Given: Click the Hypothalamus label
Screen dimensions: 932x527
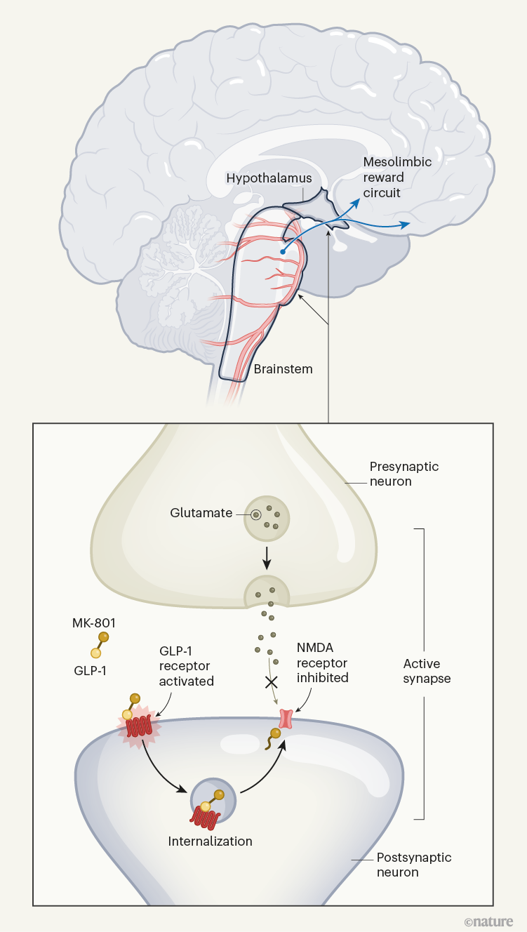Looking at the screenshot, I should click(x=269, y=178).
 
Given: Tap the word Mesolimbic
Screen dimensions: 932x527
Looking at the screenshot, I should click(x=396, y=162).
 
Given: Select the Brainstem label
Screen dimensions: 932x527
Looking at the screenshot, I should click(x=283, y=368).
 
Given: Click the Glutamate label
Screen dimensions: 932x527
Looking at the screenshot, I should click(x=201, y=513).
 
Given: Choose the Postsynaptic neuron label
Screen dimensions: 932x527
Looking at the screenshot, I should click(x=414, y=865).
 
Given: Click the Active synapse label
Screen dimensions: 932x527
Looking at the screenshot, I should click(x=427, y=671).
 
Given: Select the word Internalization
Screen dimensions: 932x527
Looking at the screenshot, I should click(x=210, y=841).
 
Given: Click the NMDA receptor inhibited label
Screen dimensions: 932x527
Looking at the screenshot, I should click(x=322, y=663).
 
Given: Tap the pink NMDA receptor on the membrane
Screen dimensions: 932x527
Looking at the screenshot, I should click(x=286, y=718).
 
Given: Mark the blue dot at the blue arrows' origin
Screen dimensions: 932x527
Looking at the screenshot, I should click(x=282, y=251).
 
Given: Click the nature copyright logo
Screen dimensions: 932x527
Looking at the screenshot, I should click(x=488, y=921).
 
